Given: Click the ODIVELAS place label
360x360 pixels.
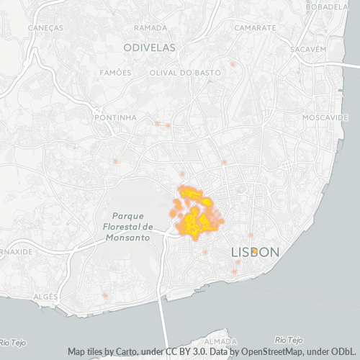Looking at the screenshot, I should pos(149,48).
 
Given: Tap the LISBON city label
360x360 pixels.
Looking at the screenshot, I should pos(254,253).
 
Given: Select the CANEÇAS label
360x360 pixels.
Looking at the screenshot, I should pos(45,27).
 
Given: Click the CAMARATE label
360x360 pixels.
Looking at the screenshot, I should pos(256,27).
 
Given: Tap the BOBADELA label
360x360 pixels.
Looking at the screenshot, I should pos(332,7).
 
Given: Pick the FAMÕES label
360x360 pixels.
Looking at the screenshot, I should pos(116,73).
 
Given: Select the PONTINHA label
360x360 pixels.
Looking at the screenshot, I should pos(115,117).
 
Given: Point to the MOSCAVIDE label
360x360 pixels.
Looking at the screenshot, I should pos(325,117).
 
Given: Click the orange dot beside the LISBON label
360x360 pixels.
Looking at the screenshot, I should pos(255,250).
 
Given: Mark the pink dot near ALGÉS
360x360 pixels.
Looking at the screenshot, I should pos(105,295).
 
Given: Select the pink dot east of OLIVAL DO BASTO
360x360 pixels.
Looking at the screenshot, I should pos(233,64).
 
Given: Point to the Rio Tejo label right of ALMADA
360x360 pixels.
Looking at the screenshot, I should pos(289,339).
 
